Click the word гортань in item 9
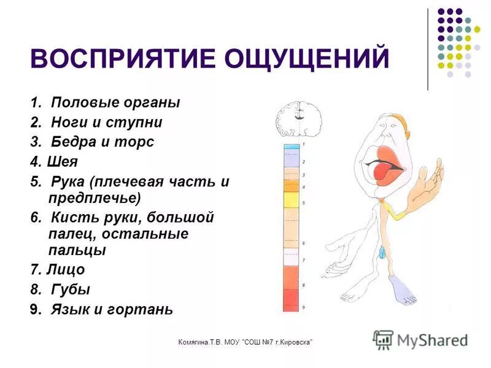point(143,310)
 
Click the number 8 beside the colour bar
point(303,285)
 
